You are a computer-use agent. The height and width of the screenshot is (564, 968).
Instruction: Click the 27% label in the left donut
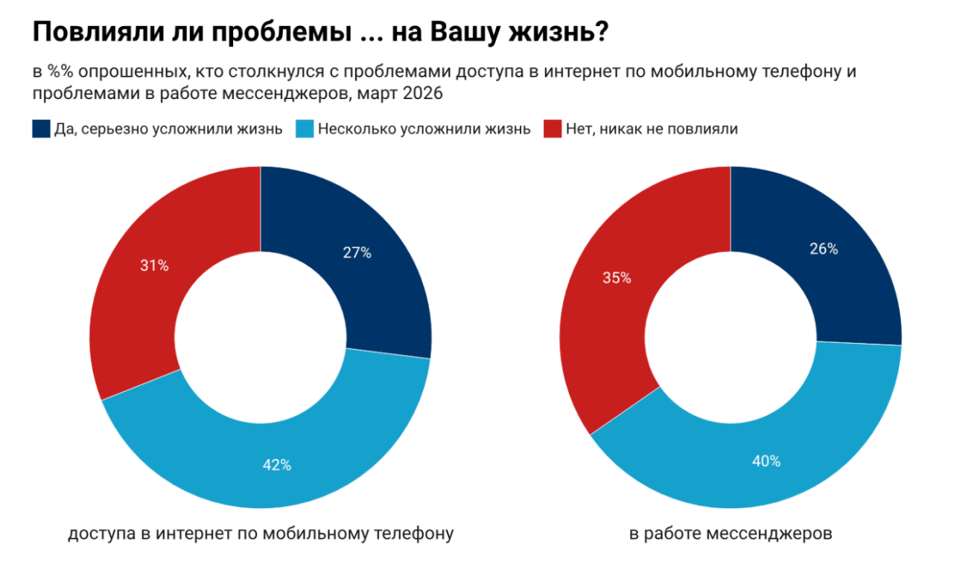point(357,252)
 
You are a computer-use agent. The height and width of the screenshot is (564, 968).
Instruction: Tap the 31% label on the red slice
point(154,265)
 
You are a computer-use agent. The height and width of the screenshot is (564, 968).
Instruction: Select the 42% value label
point(276,466)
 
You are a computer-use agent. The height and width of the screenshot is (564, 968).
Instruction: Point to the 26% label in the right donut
point(824,249)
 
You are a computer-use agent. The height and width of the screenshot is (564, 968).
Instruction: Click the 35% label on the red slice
point(617,278)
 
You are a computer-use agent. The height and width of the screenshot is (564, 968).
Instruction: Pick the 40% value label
point(765,461)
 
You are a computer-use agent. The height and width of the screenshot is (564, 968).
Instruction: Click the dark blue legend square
point(41,129)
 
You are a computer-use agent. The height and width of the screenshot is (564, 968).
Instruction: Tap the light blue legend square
point(305,129)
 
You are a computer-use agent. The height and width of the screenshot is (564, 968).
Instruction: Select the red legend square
point(552,129)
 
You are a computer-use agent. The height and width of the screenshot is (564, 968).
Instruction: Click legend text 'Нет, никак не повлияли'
point(652,129)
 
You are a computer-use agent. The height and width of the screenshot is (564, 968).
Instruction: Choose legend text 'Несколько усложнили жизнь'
point(424,129)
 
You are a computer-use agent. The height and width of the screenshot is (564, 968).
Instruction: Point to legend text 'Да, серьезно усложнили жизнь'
point(168,129)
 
